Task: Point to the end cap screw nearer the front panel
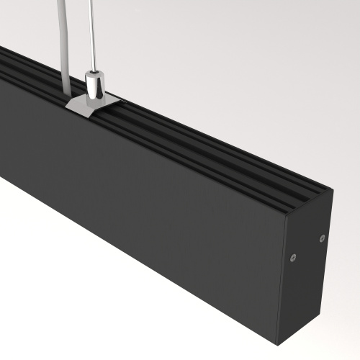[292, 256]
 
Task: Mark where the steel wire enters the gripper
[92, 71]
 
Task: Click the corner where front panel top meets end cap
[285, 216]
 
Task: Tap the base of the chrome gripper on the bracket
[93, 99]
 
